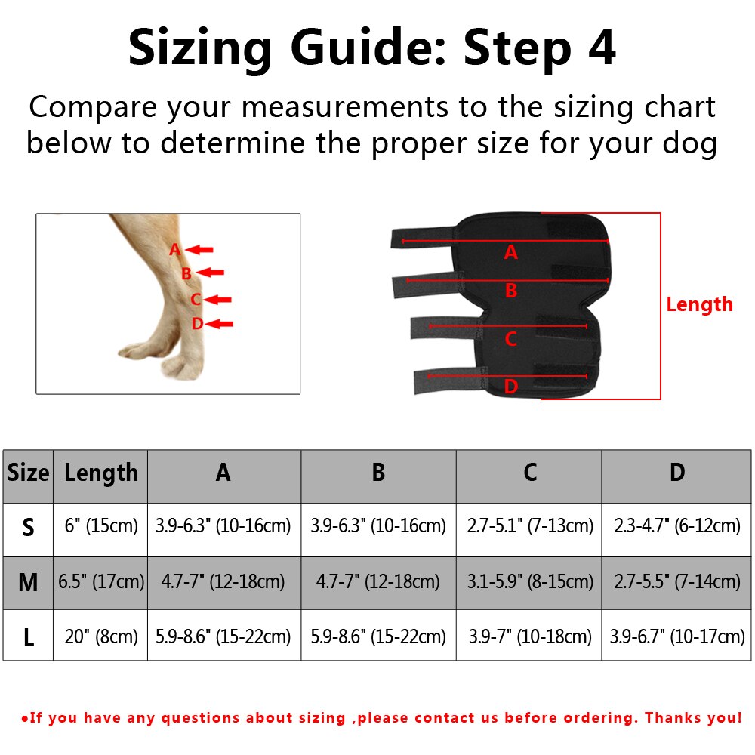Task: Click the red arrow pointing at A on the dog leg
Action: (200, 249)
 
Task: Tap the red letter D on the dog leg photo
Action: (197, 324)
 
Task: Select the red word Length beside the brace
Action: (699, 304)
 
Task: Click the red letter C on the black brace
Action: (510, 340)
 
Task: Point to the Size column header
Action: (28, 473)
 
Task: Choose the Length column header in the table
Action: (101, 473)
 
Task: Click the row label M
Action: (28, 582)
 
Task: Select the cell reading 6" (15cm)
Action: (100, 526)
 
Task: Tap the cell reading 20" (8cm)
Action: (100, 636)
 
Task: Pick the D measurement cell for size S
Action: (676, 526)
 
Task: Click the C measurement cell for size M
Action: (529, 582)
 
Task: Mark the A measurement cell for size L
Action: (223, 636)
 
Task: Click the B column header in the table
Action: (378, 473)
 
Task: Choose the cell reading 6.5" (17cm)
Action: (100, 582)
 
